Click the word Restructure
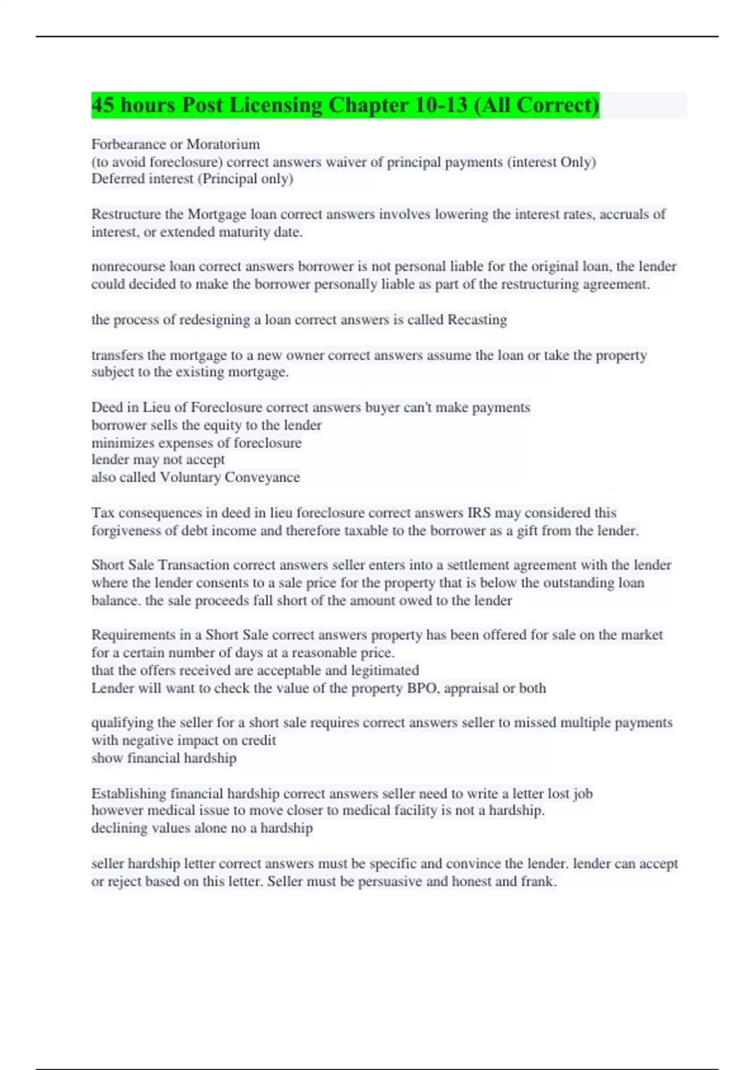tap(126, 214)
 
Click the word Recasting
tap(477, 320)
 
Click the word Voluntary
tap(191, 477)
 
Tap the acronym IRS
tap(479, 512)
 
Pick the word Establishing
tap(129, 793)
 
